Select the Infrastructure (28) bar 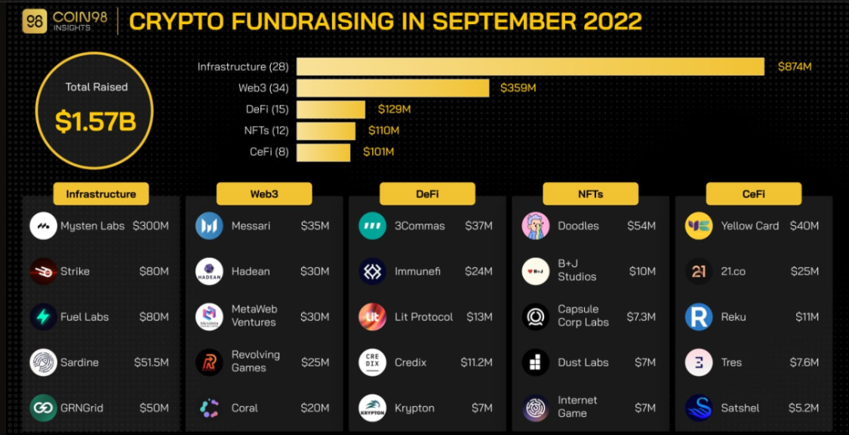(530, 66)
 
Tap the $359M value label (518, 88)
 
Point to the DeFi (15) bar (331, 110)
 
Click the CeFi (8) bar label (269, 152)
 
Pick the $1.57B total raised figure (96, 122)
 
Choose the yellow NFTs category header (590, 194)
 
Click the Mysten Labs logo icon (43, 226)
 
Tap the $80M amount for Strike (154, 271)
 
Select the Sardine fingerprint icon (43, 362)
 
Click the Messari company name (251, 226)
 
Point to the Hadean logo (209, 271)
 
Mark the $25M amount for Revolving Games (315, 362)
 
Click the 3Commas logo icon (372, 226)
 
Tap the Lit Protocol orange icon (372, 317)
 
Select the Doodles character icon (536, 226)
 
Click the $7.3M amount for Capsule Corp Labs (641, 317)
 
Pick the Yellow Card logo (699, 226)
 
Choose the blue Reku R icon (699, 317)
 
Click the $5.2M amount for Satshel (804, 408)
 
